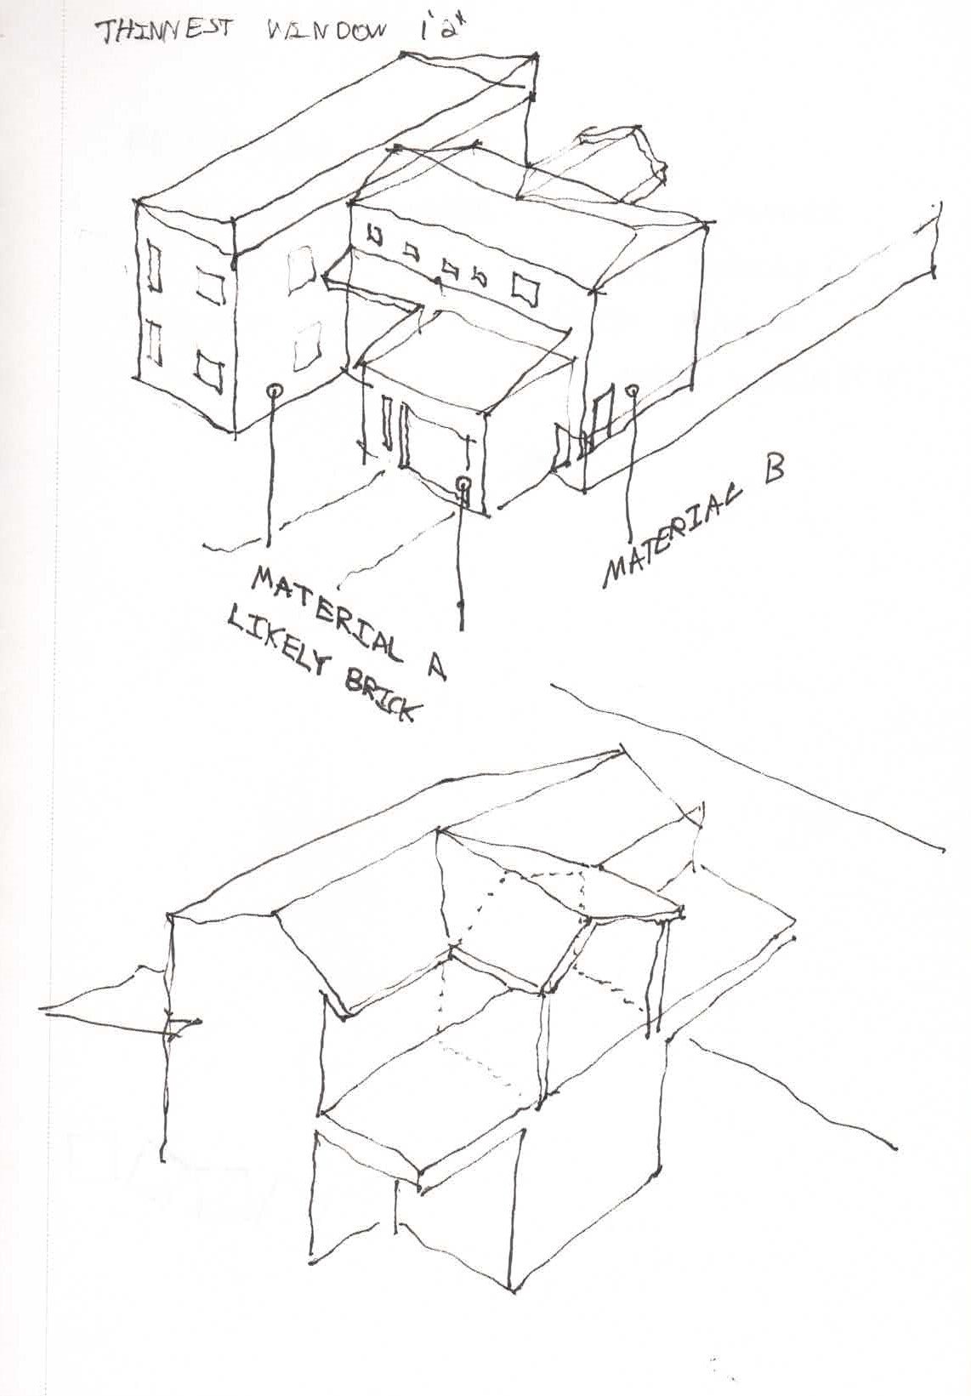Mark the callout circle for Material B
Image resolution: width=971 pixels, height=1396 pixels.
click(x=632, y=390)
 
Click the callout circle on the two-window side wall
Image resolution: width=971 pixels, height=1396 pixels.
click(x=273, y=390)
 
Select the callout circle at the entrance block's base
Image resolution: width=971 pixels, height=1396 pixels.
click(x=463, y=484)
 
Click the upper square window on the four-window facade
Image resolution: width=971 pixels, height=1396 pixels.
click(x=207, y=283)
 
